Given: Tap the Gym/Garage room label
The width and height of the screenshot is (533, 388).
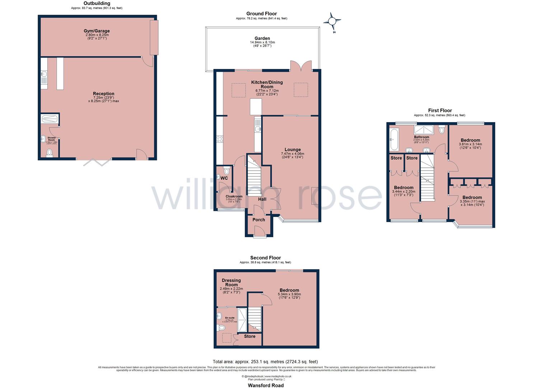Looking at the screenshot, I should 97,31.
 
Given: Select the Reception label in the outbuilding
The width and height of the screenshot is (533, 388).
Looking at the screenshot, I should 104,94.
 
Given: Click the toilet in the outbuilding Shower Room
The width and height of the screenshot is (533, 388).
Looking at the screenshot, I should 50,153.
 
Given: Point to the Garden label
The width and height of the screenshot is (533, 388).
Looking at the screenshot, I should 262,38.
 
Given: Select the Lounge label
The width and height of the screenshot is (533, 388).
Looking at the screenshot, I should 293,149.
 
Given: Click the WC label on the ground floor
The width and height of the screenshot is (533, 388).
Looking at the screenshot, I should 224,178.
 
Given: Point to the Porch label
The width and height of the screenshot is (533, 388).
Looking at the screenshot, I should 258,220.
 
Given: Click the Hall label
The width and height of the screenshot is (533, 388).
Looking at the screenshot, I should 262,199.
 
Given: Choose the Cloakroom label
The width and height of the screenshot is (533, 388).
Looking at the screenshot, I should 234,197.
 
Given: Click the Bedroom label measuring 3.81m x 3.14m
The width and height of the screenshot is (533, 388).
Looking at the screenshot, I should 470,140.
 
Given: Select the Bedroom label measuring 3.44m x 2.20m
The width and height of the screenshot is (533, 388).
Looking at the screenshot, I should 403,188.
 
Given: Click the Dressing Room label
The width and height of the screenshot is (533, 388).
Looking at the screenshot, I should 231,282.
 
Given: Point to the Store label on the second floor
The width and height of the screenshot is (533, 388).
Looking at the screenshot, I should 249,336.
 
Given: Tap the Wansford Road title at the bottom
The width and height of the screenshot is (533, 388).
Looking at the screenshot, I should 266,385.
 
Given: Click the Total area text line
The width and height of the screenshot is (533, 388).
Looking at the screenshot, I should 265,361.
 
